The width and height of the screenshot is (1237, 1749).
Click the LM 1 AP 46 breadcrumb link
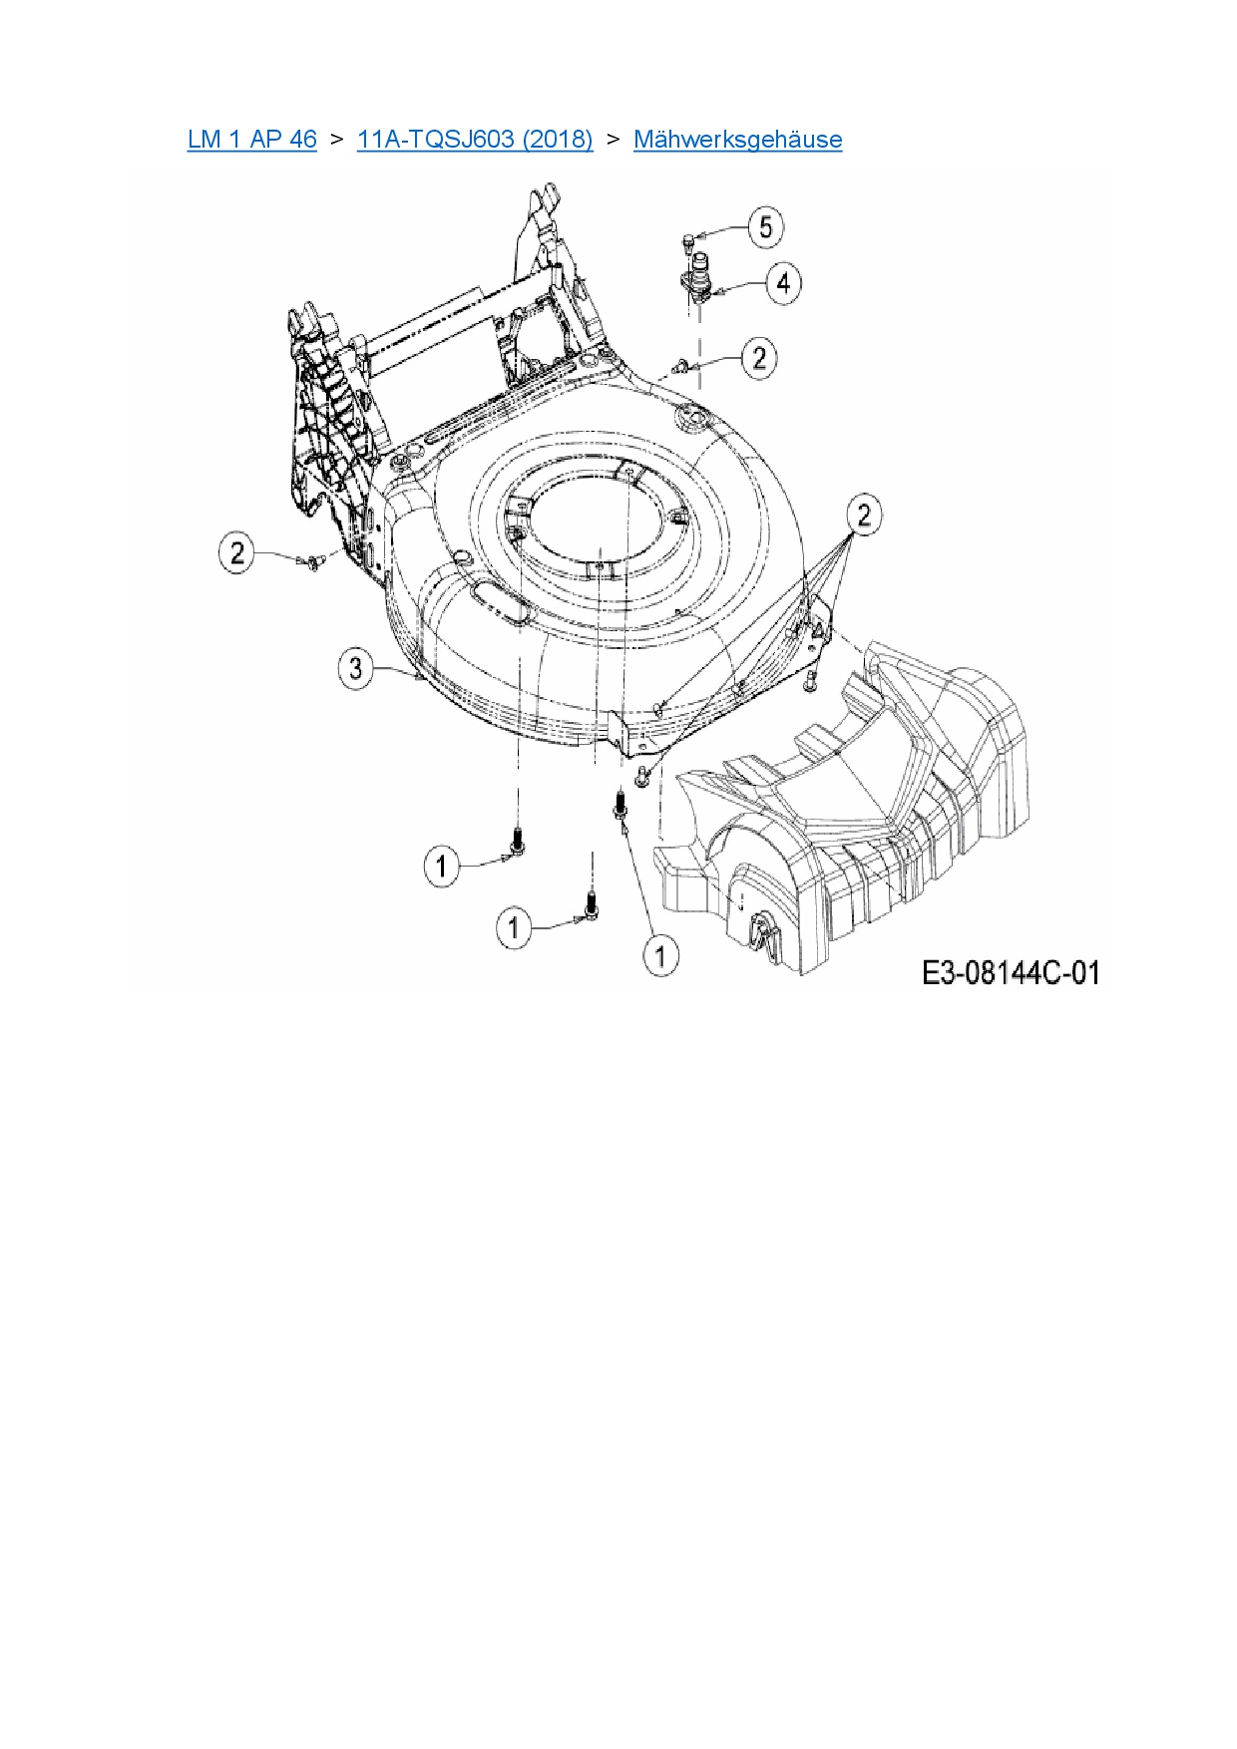[251, 139]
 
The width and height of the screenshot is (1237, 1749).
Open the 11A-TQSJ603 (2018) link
[475, 139]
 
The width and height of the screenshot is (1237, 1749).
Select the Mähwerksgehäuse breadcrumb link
[737, 139]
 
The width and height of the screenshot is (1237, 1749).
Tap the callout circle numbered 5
[765, 227]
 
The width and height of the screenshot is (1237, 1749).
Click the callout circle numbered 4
[783, 283]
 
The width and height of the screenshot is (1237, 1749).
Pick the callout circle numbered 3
[357, 667]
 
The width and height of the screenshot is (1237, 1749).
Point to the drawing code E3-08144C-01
[1011, 972]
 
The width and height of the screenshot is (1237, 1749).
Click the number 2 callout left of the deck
[237, 552]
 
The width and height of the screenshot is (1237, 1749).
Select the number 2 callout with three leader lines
[863, 515]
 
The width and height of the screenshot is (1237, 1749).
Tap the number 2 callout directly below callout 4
[760, 357]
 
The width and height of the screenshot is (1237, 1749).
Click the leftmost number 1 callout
[442, 866]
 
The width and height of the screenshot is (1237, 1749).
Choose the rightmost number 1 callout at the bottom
[659, 956]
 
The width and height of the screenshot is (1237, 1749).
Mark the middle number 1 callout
[514, 929]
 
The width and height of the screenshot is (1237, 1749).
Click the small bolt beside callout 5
[687, 238]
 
